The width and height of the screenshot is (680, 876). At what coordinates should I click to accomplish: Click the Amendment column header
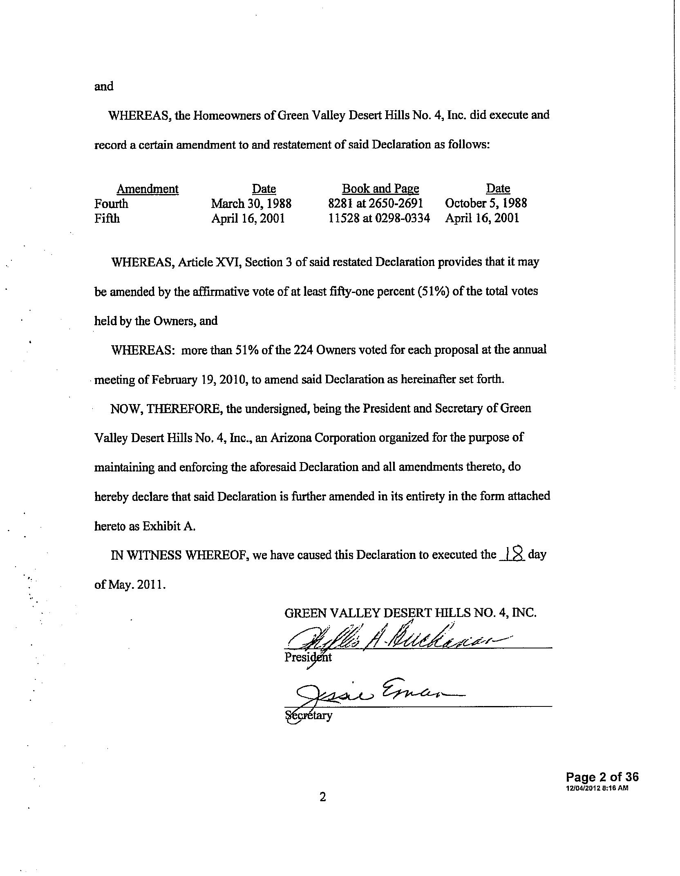[x=148, y=189]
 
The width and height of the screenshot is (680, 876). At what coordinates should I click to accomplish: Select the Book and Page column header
[x=380, y=189]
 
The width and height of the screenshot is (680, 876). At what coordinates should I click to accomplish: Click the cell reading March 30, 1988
[x=251, y=203]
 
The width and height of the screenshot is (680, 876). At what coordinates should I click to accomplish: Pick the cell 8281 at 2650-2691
[x=375, y=203]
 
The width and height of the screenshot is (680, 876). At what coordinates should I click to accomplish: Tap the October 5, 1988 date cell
[x=486, y=203]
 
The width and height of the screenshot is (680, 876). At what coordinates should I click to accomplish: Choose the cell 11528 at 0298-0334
[x=379, y=218]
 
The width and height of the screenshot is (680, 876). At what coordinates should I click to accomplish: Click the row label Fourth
[x=111, y=203]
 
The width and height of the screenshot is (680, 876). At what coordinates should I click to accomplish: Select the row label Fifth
[x=107, y=218]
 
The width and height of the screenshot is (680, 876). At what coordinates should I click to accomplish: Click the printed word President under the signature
[x=308, y=657]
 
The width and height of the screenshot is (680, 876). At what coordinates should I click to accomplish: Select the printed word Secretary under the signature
[x=309, y=715]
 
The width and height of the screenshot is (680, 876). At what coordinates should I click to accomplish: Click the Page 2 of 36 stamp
[x=602, y=777]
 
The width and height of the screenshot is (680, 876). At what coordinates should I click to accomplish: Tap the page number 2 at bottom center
[x=322, y=797]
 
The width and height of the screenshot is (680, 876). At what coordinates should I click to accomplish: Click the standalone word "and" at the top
[x=104, y=87]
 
